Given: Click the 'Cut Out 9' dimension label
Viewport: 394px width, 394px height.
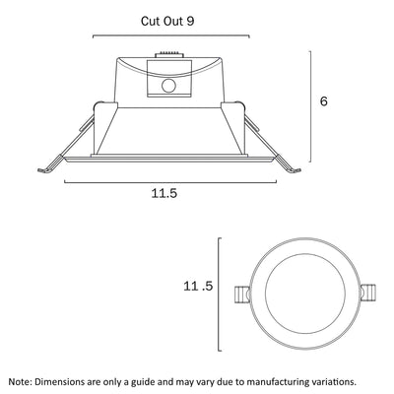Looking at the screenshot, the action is click(167, 21).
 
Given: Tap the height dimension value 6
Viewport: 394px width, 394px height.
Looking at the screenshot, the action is click(324, 101).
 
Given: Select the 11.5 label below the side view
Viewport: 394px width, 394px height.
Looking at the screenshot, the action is click(164, 193).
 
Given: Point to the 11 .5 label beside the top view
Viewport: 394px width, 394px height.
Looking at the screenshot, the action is click(198, 287).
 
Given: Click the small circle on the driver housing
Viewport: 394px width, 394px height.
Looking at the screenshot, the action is click(169, 86).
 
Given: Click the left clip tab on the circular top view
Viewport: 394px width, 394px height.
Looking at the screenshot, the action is click(242, 295).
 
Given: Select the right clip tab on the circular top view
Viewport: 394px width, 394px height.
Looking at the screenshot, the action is click(367, 294).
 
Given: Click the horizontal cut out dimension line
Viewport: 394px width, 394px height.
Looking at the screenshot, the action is click(171, 35).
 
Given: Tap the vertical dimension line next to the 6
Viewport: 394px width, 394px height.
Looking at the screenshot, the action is click(310, 106).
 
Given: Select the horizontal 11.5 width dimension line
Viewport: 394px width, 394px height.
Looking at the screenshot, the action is click(170, 181).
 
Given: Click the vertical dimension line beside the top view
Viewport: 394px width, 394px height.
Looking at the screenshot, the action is click(219, 295).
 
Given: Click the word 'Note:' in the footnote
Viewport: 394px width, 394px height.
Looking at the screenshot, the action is click(21, 382).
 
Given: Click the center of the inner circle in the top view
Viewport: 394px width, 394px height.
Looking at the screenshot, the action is click(305, 294).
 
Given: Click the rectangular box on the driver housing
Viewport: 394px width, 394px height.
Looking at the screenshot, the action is click(169, 78).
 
